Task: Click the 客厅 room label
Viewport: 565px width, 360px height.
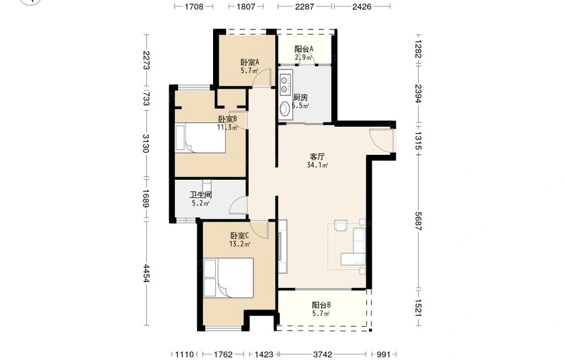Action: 318,157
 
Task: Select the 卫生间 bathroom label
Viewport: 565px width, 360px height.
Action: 201,195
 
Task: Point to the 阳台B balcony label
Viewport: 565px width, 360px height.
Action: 321,305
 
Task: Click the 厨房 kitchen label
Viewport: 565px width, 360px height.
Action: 301,97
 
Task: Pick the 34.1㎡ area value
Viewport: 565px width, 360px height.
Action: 318,165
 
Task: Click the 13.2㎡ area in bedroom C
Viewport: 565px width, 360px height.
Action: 240,244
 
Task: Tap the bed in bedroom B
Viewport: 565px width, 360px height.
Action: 201,138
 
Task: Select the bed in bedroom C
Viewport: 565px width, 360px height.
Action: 228,278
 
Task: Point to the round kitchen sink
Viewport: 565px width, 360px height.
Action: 285,109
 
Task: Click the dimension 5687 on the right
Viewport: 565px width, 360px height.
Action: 418,221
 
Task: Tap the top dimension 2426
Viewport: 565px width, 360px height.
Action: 362,6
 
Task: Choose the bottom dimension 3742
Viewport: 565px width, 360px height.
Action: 323,354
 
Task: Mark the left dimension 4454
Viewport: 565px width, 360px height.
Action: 146,273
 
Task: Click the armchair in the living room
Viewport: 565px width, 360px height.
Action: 340,225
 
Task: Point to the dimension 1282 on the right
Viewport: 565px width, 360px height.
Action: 418,49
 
